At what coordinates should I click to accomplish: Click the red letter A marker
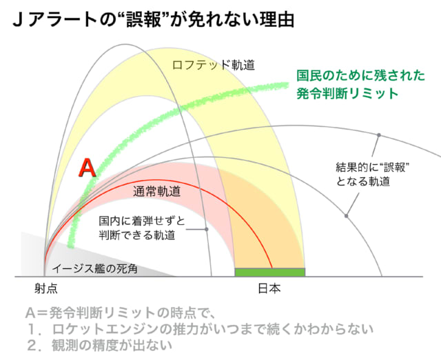[88, 168]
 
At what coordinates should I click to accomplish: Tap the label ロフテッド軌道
[214, 65]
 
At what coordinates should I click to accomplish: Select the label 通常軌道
[157, 192]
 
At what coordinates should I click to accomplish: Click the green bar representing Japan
[270, 272]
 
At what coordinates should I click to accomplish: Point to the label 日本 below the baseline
[269, 289]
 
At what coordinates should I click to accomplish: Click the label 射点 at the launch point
[46, 289]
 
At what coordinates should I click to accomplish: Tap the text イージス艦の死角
[95, 269]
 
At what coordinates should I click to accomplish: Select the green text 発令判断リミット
[347, 93]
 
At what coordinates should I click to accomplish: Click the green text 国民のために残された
[360, 75]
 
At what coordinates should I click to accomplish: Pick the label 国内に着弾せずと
[142, 221]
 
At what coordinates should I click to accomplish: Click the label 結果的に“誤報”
[372, 167]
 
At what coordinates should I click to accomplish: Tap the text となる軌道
[363, 181]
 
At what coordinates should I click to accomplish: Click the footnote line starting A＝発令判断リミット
[121, 313]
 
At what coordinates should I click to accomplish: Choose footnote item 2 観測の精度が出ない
[100, 346]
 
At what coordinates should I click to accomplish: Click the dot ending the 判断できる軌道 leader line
[207, 230]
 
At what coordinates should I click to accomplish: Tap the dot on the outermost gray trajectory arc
[379, 135]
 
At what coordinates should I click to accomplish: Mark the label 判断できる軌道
[137, 235]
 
